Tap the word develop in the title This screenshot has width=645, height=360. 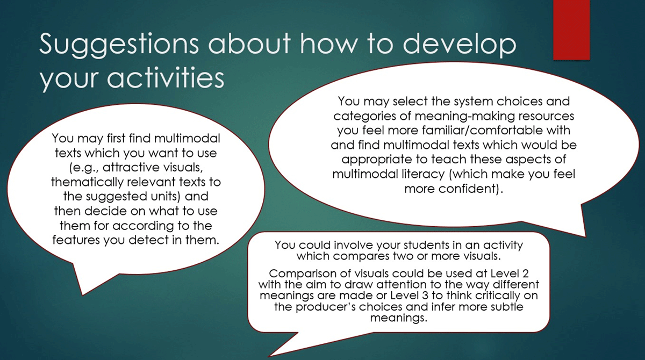click(460, 44)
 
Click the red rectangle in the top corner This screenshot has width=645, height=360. click(571, 30)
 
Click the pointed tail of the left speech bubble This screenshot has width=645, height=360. click(82, 294)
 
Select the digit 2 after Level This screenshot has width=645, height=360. click(525, 273)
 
